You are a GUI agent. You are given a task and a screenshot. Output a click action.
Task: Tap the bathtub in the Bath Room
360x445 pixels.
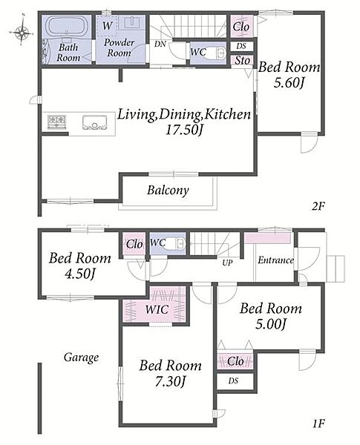67,26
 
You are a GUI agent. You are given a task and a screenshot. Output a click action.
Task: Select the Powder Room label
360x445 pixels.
119,47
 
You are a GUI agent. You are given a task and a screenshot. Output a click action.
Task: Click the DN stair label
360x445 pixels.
160,44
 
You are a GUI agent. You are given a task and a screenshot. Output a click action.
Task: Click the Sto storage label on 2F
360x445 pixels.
243,60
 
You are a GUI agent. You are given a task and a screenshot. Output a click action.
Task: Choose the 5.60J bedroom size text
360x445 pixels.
289,82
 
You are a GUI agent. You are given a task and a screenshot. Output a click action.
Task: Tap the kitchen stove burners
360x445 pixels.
56,122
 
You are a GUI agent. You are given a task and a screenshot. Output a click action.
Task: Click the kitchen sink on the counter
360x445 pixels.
94,122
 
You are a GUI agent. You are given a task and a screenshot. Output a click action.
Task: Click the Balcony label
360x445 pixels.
168,190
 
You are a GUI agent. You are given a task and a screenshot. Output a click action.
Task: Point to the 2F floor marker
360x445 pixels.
318,206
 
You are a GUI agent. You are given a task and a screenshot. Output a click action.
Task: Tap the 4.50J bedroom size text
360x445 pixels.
79,274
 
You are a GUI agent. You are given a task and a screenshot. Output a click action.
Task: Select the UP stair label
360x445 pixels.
227,263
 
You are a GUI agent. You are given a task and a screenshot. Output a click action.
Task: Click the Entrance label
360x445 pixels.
275,260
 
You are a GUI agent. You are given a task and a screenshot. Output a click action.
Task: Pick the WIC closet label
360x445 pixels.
157,309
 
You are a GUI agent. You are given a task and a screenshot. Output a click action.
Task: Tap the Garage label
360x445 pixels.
81,357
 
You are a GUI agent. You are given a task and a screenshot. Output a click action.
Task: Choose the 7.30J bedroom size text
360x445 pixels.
170,381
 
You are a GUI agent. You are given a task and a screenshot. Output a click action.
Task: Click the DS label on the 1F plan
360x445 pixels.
233,380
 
